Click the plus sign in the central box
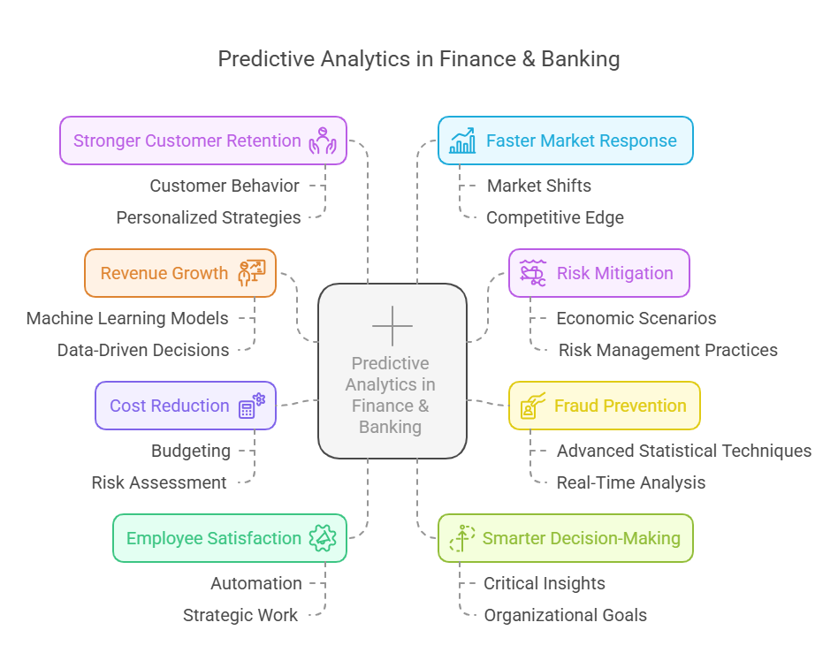point(392,325)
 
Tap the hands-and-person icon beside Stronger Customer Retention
point(323,140)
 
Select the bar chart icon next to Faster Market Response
point(462,140)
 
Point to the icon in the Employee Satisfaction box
point(323,538)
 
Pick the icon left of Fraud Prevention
point(533,406)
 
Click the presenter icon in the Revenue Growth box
point(252,273)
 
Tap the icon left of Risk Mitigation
point(533,273)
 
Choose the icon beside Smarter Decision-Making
point(462,538)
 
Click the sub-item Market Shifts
point(538,186)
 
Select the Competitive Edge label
point(555,218)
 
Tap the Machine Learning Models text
point(127,318)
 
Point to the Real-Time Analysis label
point(630,483)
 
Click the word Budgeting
point(191,451)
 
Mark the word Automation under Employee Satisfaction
point(256,583)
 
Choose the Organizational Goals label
point(565,616)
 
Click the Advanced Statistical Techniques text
point(684,451)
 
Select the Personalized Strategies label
point(209,218)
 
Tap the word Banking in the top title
point(581,59)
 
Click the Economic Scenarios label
point(636,318)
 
